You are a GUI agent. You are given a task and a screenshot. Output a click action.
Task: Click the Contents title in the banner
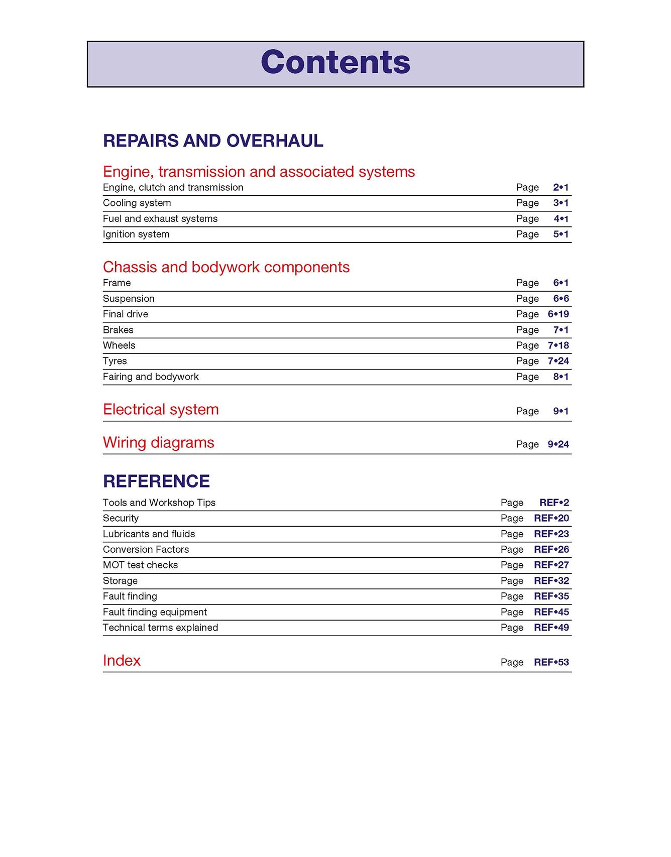(x=335, y=62)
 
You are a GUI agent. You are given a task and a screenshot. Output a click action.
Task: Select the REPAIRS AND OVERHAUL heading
(x=213, y=141)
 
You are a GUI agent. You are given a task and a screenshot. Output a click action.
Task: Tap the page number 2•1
(x=561, y=187)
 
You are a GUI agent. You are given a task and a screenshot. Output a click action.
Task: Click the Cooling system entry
(x=137, y=203)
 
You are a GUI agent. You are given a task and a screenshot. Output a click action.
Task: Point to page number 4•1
(x=561, y=218)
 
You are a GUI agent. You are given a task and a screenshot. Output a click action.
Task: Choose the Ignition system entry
(x=136, y=234)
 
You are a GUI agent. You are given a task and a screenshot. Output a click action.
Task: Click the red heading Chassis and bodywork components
(x=226, y=267)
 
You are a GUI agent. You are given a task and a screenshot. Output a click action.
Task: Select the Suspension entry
(x=129, y=298)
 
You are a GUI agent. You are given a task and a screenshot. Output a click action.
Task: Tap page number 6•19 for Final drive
(x=558, y=314)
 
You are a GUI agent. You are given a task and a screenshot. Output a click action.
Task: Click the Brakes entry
(x=118, y=330)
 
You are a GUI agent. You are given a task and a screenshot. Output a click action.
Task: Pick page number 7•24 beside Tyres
(x=558, y=361)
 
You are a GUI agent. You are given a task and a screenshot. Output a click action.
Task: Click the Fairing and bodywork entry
(x=151, y=377)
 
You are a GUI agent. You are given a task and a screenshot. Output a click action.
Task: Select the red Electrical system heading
(x=161, y=410)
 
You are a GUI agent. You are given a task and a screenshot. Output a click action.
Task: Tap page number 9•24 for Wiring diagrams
(x=558, y=444)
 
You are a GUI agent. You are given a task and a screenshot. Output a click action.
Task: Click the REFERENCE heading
(x=156, y=481)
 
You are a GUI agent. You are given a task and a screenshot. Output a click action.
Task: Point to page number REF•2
(x=554, y=503)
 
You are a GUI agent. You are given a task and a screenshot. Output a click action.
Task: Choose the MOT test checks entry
(x=140, y=565)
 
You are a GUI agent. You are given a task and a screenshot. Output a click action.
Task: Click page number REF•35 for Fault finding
(x=551, y=596)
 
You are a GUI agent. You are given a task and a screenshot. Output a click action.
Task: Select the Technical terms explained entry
(x=160, y=628)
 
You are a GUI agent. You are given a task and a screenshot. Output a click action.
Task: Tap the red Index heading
(x=122, y=661)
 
